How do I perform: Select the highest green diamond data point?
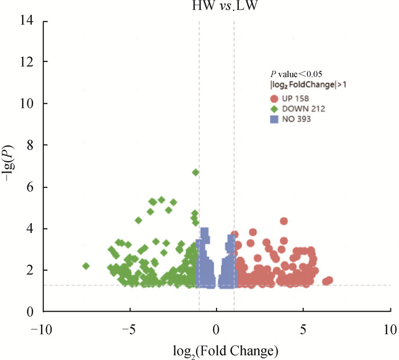coord(196,172)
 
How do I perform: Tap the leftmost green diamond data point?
coord(86,266)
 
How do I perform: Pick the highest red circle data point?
coord(284,221)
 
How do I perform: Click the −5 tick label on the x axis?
coord(128,330)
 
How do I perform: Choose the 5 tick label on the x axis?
coord(303,330)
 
